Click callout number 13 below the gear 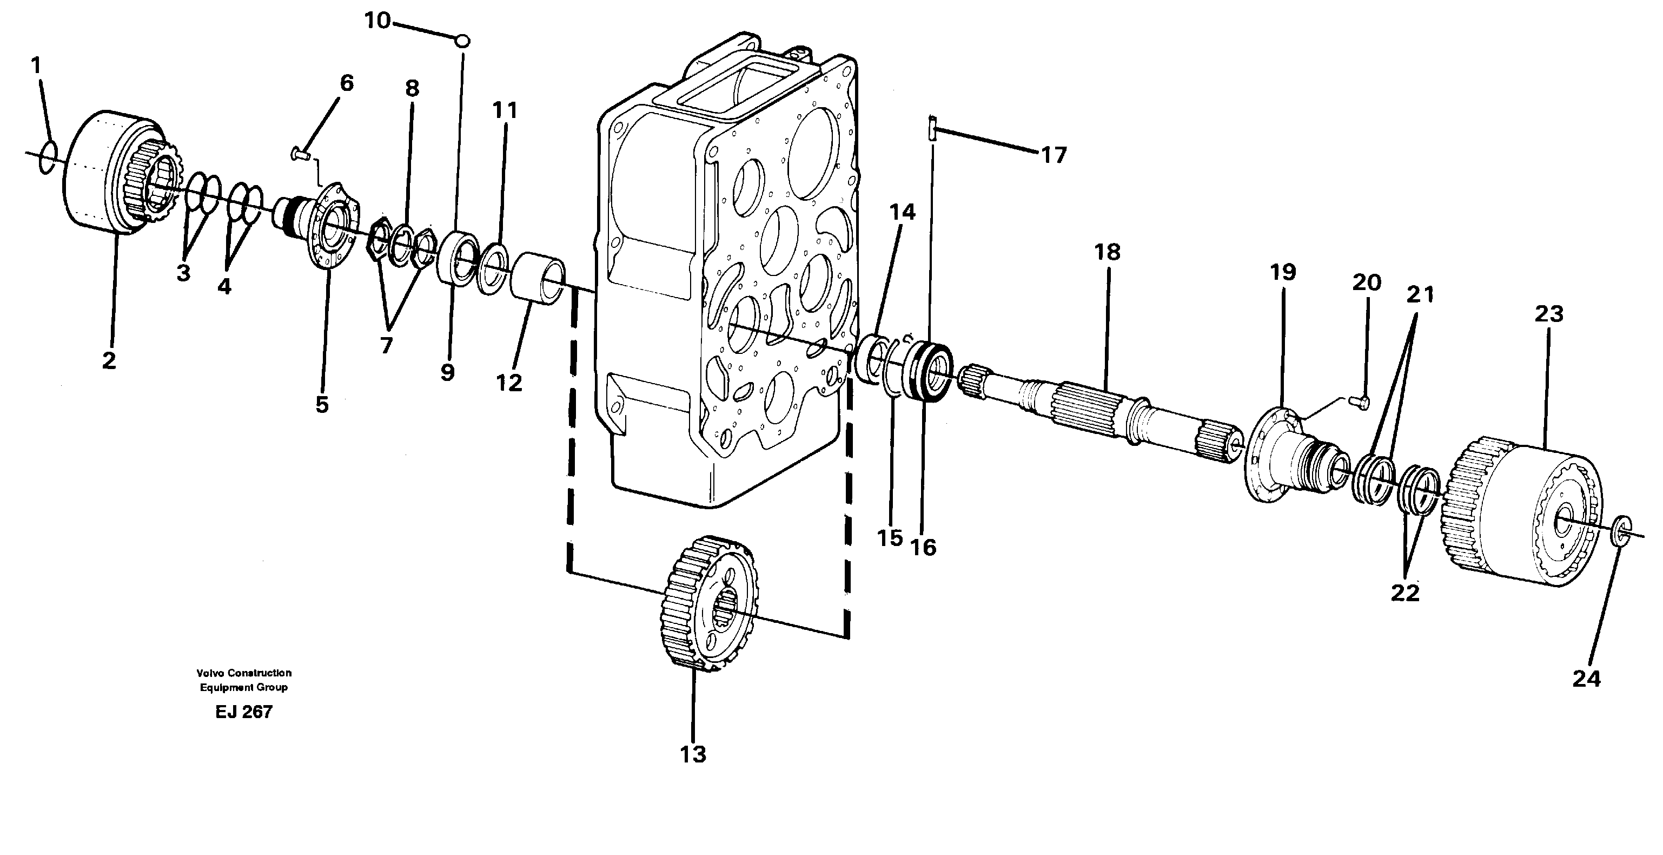pos(693,754)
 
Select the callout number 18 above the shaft pos(1107,252)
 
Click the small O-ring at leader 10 pos(462,41)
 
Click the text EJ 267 pos(243,712)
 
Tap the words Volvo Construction pos(243,673)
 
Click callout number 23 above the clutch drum pos(1548,314)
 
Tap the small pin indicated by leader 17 pos(932,127)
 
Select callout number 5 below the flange pos(321,405)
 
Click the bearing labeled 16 pos(929,373)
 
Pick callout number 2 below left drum pos(109,360)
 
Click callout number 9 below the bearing pos(447,373)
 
